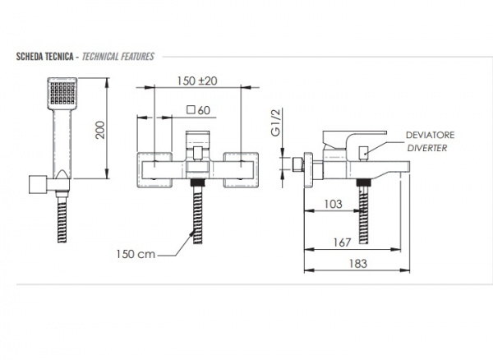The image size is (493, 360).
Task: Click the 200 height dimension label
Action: coord(100,130)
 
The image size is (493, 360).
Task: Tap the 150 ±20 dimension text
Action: coord(197,81)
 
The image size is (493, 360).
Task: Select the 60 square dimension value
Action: coord(204,110)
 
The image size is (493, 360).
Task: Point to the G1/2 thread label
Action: coord(275,122)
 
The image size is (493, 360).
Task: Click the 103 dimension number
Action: coord(333,205)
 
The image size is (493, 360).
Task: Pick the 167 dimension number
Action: coord(342,242)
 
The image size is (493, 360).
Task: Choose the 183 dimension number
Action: coord(357,264)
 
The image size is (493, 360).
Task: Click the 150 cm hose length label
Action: coord(136,254)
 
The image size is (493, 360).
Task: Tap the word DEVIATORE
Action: coord(430,135)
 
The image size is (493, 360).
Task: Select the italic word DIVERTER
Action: coord(427,148)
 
